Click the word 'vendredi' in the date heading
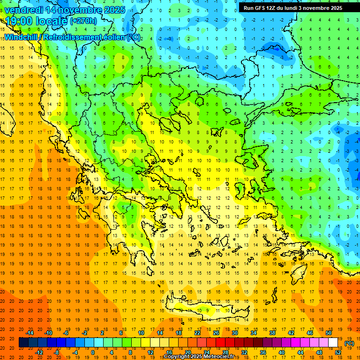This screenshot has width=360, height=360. click(x=23, y=10)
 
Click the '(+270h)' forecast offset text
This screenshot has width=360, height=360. click(x=83, y=21)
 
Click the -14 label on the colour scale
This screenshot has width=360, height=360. click(x=30, y=333)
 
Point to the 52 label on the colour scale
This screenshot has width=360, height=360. click(x=337, y=352)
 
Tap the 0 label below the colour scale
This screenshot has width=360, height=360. click(x=93, y=352)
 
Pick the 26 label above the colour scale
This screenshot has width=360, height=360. click(x=216, y=333)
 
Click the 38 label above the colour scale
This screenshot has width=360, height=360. click(x=272, y=333)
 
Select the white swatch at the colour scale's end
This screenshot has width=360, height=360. click(x=333, y=343)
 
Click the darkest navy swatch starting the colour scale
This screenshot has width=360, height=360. click(x=23, y=343)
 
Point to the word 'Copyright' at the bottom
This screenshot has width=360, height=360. click(x=177, y=357)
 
